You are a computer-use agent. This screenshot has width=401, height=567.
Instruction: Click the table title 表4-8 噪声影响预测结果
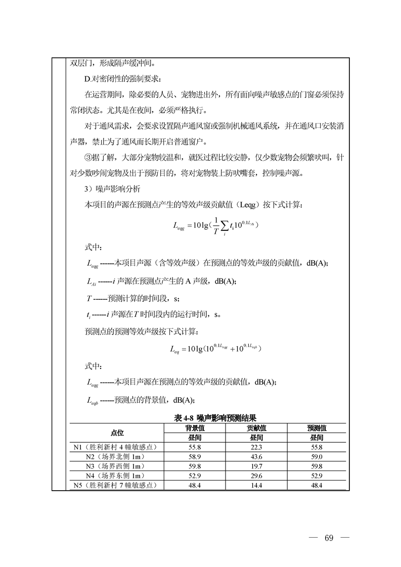[x=214, y=418]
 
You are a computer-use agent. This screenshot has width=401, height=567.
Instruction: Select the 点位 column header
[x=117, y=433]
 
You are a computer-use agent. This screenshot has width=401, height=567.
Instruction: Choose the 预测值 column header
[x=317, y=428]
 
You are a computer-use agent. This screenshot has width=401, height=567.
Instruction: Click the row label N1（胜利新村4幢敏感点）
[x=116, y=447]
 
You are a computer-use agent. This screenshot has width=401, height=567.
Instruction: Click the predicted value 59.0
[x=317, y=457]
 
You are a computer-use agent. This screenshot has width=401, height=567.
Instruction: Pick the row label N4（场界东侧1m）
[x=116, y=476]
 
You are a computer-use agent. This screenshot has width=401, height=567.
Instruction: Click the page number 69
[x=329, y=537]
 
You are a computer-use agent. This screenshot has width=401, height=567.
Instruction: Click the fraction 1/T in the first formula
[x=214, y=225]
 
